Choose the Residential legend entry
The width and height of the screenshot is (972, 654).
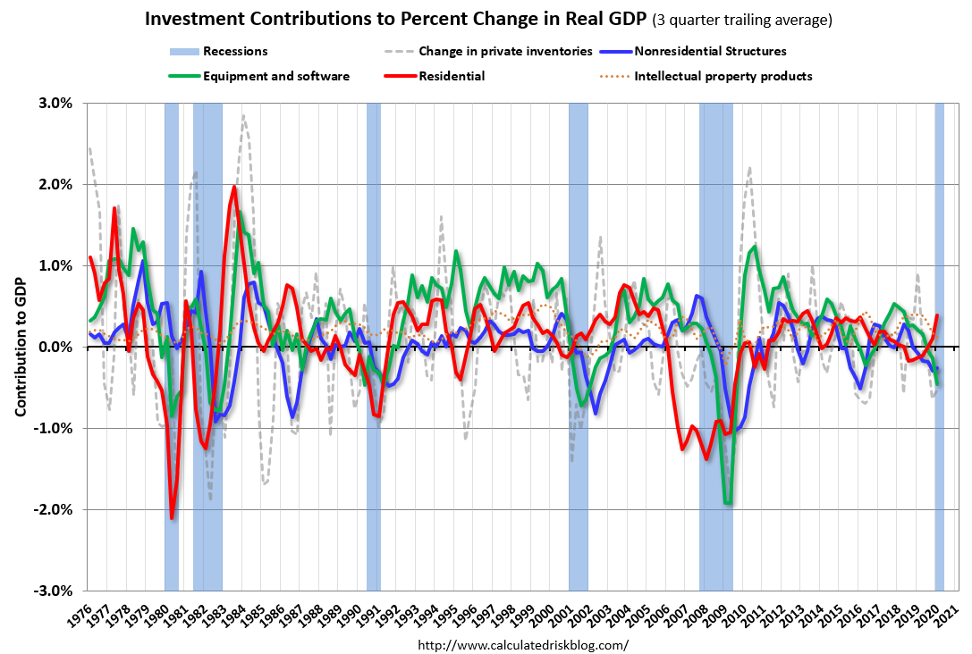[x=452, y=76]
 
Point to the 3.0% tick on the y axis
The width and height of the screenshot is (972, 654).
[x=55, y=103]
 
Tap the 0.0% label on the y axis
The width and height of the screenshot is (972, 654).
[x=55, y=347]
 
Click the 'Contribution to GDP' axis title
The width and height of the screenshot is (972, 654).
[x=20, y=347]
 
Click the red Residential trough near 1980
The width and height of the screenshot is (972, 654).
[x=172, y=517]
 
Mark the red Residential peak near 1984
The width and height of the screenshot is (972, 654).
[x=234, y=187]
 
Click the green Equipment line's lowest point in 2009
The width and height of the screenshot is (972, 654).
[x=729, y=504]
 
